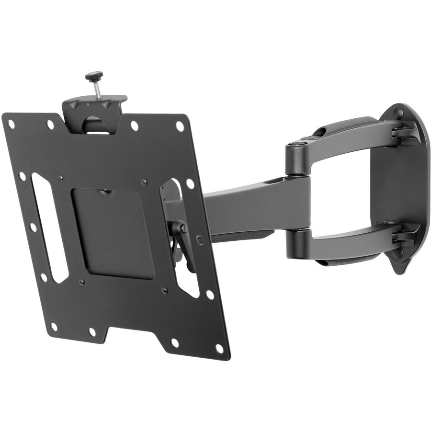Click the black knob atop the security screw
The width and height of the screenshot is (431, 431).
(x=94, y=76)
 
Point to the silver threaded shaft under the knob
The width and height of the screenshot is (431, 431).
(x=97, y=90)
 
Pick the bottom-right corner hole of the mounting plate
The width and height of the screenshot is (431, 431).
(x=219, y=348)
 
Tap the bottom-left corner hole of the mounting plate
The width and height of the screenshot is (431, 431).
(x=54, y=327)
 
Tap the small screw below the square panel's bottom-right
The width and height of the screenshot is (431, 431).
(x=164, y=290)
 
